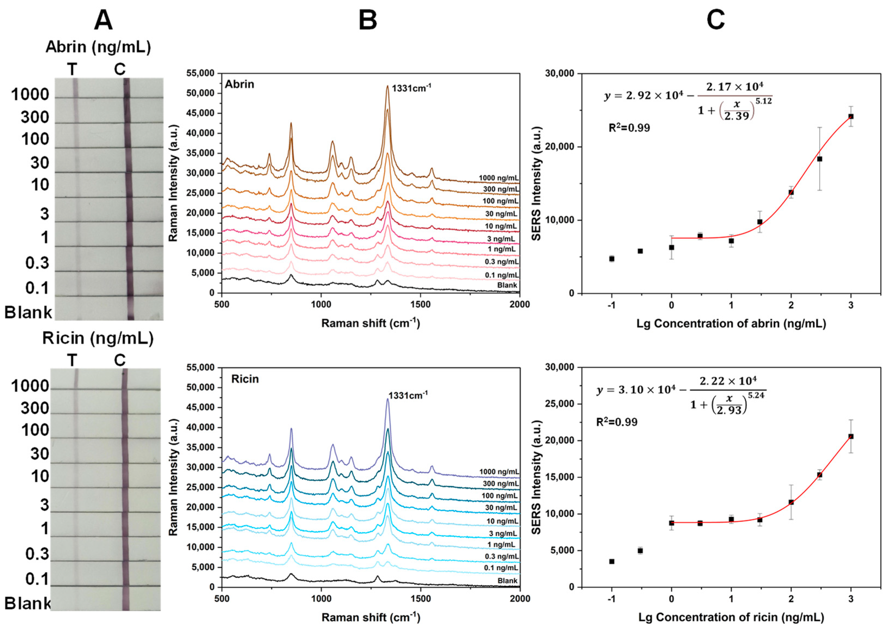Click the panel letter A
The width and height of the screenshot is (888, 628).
[x=103, y=21]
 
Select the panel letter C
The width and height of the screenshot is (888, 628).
[x=716, y=21]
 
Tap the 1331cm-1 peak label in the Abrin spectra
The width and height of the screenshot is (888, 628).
[x=411, y=88]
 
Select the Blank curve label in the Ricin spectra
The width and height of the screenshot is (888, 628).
[x=507, y=581]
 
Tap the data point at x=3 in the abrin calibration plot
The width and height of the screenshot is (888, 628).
[x=851, y=116]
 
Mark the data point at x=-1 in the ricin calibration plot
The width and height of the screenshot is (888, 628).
[x=611, y=561]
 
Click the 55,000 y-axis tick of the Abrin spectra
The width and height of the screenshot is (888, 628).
[x=200, y=73]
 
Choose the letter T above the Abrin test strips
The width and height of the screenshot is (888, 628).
[x=72, y=70]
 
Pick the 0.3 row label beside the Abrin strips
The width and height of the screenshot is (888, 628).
[x=37, y=263]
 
